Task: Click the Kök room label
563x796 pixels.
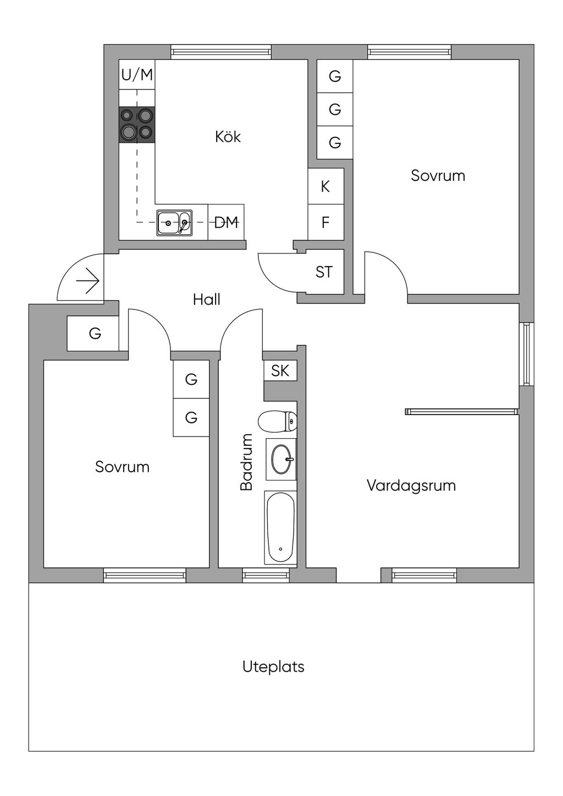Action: (x=228, y=137)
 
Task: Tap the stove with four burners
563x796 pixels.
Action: (x=137, y=125)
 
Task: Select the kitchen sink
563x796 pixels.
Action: (x=174, y=223)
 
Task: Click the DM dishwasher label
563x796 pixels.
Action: (x=226, y=223)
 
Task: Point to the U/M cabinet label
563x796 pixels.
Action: (x=137, y=75)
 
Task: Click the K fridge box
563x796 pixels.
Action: (x=325, y=186)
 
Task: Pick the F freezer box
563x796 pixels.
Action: (x=325, y=222)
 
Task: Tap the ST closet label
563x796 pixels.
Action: (x=324, y=272)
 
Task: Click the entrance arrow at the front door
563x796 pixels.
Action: (x=87, y=281)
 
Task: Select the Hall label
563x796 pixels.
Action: (x=207, y=300)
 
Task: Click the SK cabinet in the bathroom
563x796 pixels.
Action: (x=280, y=371)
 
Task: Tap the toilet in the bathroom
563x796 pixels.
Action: (x=277, y=422)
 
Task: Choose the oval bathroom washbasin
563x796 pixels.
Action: (x=281, y=459)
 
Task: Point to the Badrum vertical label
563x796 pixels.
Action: (x=246, y=462)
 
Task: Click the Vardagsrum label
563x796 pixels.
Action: (x=411, y=485)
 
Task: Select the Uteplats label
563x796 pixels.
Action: (x=273, y=667)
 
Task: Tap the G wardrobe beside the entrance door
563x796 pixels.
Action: (x=93, y=333)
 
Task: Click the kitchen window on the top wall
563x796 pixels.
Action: (x=220, y=52)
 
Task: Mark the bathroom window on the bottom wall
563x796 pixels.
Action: (x=266, y=576)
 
